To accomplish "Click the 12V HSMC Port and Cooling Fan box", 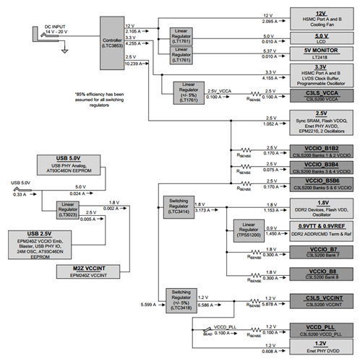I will [x=320, y=17].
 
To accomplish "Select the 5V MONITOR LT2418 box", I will [x=320, y=53].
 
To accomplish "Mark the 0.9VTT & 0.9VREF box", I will [x=320, y=231].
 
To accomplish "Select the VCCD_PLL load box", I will [x=320, y=329].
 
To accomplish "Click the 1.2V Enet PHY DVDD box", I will [x=320, y=348].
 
